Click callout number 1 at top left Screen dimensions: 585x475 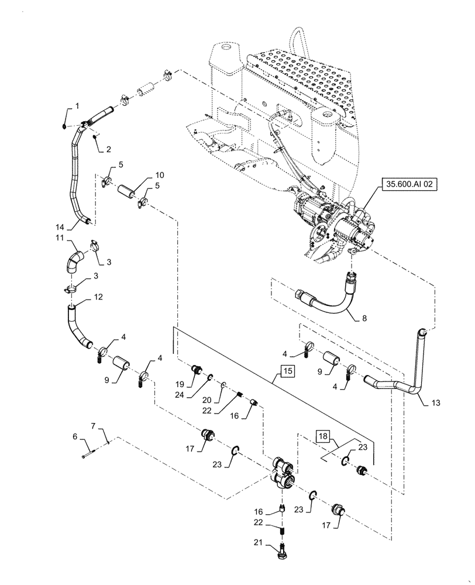point(75,106)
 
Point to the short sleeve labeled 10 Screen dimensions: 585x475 point(128,193)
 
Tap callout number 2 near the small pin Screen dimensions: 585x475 point(109,149)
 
